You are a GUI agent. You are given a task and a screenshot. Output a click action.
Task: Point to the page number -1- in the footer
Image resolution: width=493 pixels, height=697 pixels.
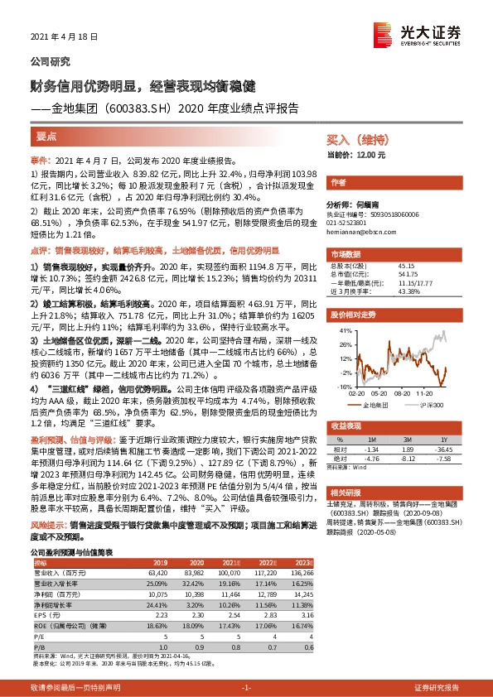(246, 688)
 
